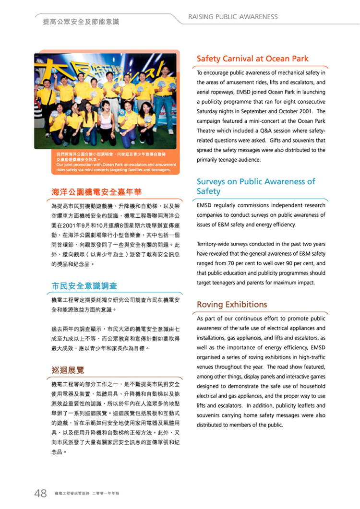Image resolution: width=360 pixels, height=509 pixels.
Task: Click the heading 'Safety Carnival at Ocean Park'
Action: pos(252,59)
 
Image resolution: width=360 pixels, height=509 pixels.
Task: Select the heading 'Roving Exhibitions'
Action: pos(232,305)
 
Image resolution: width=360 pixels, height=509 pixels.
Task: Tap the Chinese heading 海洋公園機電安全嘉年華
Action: pos(96,192)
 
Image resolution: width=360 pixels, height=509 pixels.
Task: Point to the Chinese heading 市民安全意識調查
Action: pos(84,286)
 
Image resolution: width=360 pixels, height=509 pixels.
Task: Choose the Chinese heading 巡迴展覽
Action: pos(68,370)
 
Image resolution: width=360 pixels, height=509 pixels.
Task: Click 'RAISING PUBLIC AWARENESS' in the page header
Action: pos(233,17)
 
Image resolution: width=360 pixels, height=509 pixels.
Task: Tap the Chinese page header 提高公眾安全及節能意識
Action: pos(81,22)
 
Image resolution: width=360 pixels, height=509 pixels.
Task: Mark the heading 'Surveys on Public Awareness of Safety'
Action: pos(256,186)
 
